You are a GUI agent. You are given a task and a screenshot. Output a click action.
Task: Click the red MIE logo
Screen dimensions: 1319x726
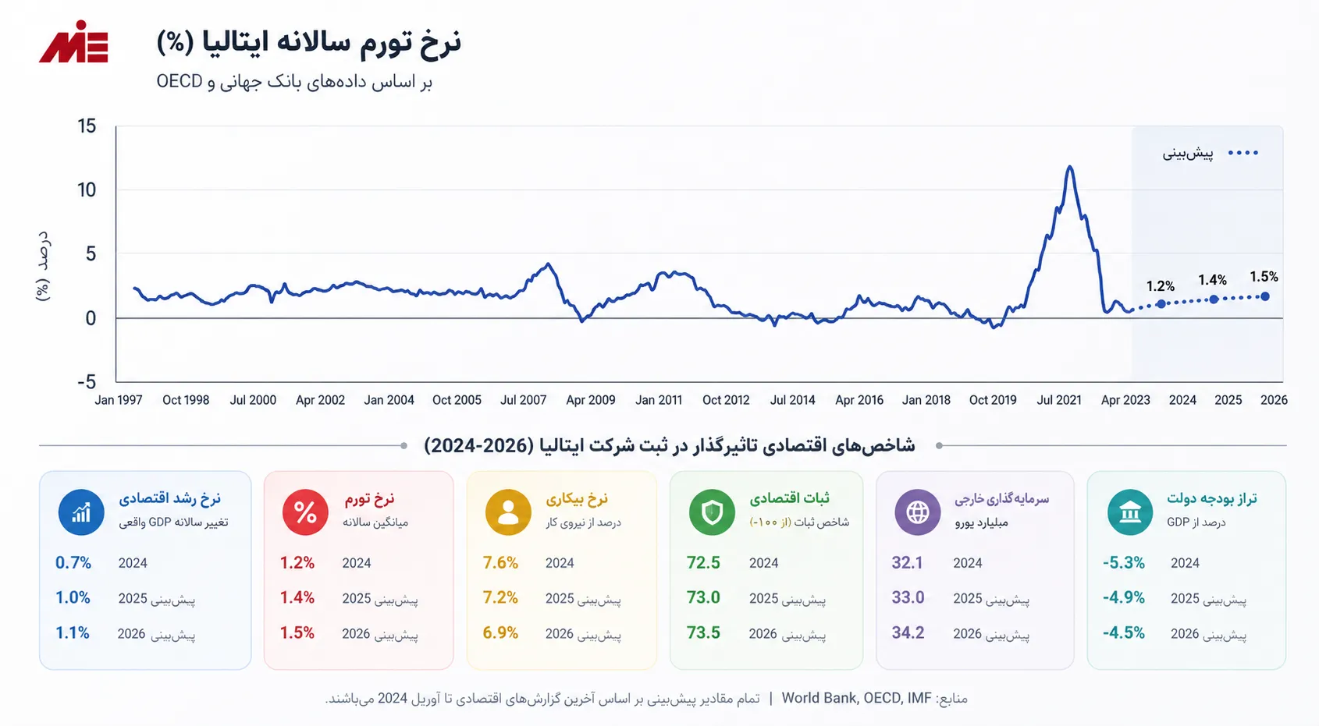73,42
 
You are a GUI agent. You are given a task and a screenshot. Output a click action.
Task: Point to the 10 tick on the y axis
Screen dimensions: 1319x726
87,190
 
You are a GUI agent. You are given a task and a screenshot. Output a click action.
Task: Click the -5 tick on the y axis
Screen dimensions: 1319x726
87,382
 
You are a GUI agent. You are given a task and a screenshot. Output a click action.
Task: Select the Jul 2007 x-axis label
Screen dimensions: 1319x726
523,400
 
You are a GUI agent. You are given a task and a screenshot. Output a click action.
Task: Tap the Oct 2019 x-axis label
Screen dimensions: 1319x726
993,400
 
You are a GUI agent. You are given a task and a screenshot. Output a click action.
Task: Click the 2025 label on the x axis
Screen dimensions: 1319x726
1228,400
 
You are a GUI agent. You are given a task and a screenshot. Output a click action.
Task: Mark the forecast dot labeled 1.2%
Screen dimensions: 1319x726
1161,304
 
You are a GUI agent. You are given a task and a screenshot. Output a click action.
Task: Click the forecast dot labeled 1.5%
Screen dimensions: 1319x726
1265,296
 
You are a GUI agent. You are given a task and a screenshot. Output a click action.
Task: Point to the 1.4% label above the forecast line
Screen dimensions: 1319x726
1212,280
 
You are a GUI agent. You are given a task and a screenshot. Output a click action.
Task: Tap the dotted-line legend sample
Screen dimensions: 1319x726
1243,153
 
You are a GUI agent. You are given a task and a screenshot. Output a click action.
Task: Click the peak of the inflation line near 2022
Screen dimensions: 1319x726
1070,167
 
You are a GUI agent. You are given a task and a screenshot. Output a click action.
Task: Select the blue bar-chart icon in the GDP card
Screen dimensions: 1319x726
81,512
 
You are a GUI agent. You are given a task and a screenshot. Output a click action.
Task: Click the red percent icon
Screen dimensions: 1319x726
305,512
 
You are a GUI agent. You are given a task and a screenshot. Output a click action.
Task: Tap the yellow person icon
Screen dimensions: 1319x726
507,512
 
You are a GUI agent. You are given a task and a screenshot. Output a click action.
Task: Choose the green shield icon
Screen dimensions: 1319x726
711,512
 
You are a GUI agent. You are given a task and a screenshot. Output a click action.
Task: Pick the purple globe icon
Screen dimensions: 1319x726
917,512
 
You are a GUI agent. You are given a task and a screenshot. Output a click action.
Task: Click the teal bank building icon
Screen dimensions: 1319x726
1129,512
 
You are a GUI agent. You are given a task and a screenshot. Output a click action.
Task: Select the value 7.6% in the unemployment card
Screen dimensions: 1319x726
500,563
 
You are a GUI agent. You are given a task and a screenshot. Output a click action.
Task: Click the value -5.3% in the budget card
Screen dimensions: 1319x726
1124,563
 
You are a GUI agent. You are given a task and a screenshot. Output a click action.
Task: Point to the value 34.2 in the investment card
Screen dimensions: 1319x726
908,633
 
